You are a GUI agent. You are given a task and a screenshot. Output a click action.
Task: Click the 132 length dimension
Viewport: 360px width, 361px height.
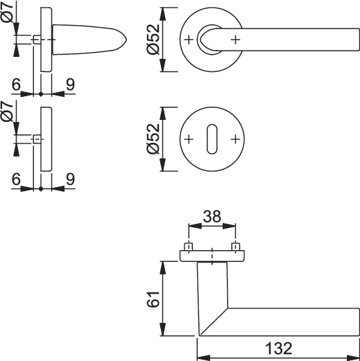pos(279,348)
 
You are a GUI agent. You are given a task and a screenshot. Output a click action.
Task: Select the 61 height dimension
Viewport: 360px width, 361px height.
pos(153,299)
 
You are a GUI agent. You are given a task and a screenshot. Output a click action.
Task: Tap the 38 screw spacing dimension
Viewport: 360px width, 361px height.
pos(212,217)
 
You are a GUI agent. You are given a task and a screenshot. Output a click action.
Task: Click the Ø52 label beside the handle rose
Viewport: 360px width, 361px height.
pos(153,39)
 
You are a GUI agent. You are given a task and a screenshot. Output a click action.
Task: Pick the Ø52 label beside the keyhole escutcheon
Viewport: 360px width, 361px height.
pos(153,139)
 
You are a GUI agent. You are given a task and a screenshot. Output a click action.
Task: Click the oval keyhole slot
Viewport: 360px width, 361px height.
pos(212,139)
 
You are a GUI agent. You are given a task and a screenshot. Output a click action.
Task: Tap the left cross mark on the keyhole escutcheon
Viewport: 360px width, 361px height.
pos(189,139)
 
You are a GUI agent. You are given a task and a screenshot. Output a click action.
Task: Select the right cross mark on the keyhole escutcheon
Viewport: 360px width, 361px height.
pos(235,139)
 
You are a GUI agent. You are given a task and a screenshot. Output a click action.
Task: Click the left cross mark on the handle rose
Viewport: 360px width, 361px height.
pos(189,39)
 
